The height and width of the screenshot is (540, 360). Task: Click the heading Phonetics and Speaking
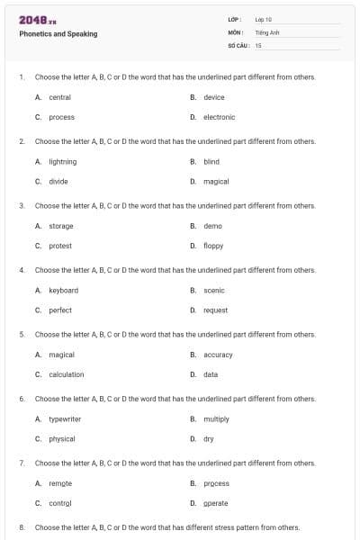[x=58, y=34]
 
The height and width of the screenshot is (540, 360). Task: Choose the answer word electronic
[x=219, y=117]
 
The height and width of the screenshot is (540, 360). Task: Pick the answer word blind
[x=211, y=161]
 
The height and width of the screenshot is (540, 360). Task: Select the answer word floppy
[x=213, y=246]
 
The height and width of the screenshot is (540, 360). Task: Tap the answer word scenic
[x=214, y=290]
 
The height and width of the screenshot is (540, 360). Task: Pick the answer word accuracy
[x=218, y=355]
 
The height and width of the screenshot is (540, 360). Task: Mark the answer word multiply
[x=216, y=418]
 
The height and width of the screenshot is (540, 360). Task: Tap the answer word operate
[x=215, y=503]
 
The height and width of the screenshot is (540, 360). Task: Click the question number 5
[x=21, y=334]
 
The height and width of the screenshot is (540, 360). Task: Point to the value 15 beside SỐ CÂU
[x=258, y=44]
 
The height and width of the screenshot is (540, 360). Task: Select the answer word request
[x=215, y=310]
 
